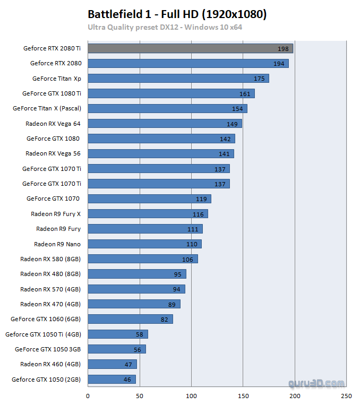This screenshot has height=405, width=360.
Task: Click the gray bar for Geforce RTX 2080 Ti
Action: point(190,48)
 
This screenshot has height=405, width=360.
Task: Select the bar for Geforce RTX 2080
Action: point(188,63)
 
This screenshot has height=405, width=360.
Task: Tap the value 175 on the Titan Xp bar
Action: point(259,79)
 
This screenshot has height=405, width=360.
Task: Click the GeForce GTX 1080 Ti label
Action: point(52,93)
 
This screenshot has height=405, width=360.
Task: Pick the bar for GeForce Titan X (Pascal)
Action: point(167,108)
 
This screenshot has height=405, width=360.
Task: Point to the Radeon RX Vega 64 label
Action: point(53,123)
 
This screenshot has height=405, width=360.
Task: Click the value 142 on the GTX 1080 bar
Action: point(225,139)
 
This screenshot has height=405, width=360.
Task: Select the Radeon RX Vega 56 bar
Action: point(160,153)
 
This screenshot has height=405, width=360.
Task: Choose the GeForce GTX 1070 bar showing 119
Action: point(149,199)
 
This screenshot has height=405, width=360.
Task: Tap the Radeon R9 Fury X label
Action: point(56,214)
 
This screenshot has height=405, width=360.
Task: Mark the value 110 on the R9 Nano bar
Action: point(192,244)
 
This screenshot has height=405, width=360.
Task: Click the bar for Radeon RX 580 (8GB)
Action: point(142,259)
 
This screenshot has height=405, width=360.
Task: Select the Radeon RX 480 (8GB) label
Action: point(50,274)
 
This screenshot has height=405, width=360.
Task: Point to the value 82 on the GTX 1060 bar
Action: point(164,320)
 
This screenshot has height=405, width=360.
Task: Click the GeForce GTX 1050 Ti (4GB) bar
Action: point(117,334)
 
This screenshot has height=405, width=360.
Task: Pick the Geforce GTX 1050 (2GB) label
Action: point(46,380)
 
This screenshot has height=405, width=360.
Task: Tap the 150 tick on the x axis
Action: point(243,395)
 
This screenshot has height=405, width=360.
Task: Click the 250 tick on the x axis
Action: point(346,395)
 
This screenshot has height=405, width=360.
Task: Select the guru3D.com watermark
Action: point(316,383)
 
